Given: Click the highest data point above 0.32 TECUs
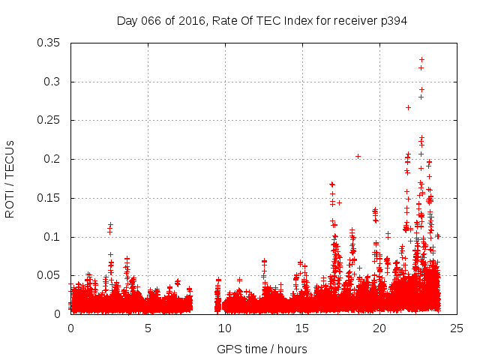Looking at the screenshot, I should click(x=421, y=59).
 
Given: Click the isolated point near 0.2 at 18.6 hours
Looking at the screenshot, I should click(x=358, y=156).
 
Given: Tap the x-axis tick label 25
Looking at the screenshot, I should click(x=457, y=328).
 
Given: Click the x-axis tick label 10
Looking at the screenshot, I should click(x=225, y=328).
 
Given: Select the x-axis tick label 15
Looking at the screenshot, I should click(x=302, y=328).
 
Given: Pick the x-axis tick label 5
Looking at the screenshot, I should click(x=148, y=328).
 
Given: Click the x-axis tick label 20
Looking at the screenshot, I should click(x=379, y=328).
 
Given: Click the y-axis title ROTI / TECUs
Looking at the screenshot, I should click(x=10, y=178).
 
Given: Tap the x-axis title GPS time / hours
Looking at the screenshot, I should click(x=262, y=349).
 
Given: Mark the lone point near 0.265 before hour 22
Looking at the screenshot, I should click(x=408, y=107).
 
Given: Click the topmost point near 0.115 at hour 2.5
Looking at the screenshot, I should click(x=110, y=224).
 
